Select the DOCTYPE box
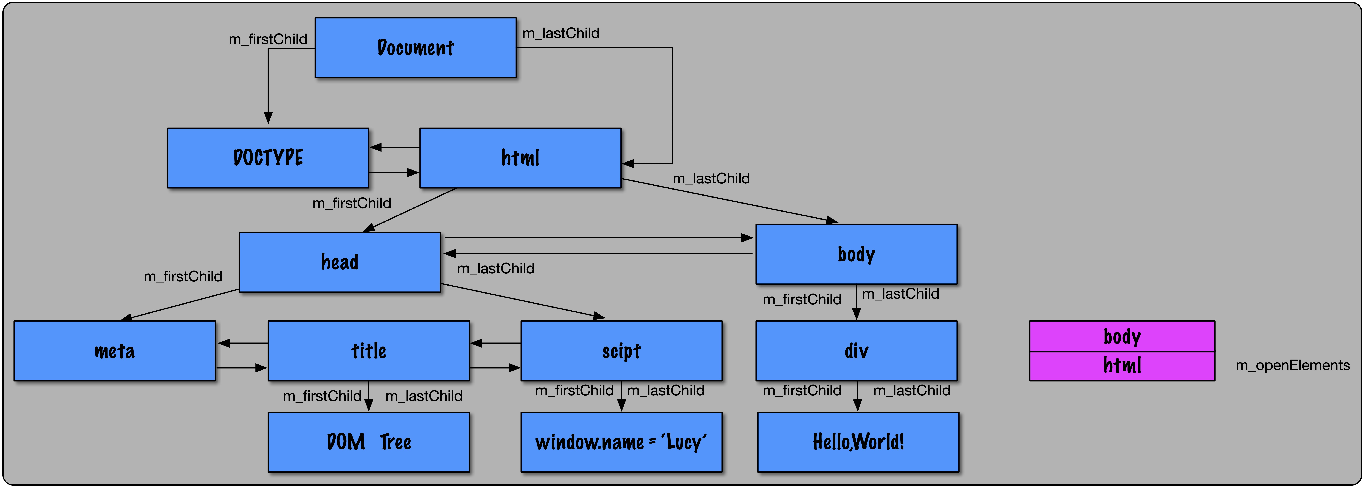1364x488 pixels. (x=268, y=158)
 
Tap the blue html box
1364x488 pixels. (x=520, y=158)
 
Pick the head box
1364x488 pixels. (x=339, y=262)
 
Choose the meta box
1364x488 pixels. (x=114, y=351)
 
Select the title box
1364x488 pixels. (x=369, y=351)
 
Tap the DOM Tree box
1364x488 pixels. (x=369, y=442)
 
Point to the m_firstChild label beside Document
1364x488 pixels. (x=268, y=39)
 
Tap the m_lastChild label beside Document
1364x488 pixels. (x=561, y=33)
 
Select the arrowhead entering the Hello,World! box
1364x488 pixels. (x=857, y=405)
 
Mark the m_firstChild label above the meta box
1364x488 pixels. (x=183, y=276)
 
